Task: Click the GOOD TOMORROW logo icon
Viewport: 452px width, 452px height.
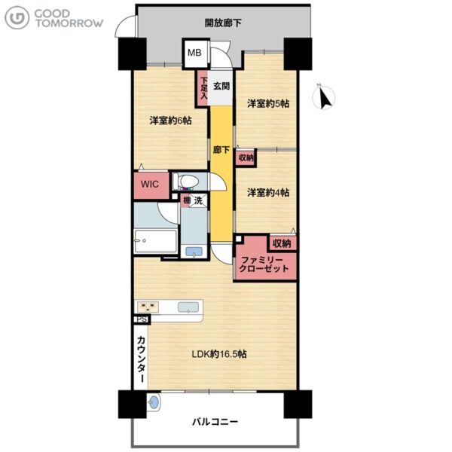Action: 17,18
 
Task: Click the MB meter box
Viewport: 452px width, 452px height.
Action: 195,53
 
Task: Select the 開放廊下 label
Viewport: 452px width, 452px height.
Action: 223,23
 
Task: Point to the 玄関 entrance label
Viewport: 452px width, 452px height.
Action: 221,86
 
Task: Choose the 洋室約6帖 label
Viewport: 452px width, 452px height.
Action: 171,121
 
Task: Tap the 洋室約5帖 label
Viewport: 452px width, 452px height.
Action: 268,103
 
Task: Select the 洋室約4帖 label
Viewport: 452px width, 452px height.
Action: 268,192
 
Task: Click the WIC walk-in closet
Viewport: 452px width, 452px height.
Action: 151,185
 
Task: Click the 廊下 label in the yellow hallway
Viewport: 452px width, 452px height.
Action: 221,150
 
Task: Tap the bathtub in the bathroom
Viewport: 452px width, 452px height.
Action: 156,241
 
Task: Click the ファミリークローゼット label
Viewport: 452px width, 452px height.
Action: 264,264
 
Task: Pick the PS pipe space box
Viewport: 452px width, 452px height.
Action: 142,319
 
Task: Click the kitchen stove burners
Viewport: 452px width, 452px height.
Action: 148,307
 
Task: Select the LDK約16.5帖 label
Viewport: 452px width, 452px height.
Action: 219,354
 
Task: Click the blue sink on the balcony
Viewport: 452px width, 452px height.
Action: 154,402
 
